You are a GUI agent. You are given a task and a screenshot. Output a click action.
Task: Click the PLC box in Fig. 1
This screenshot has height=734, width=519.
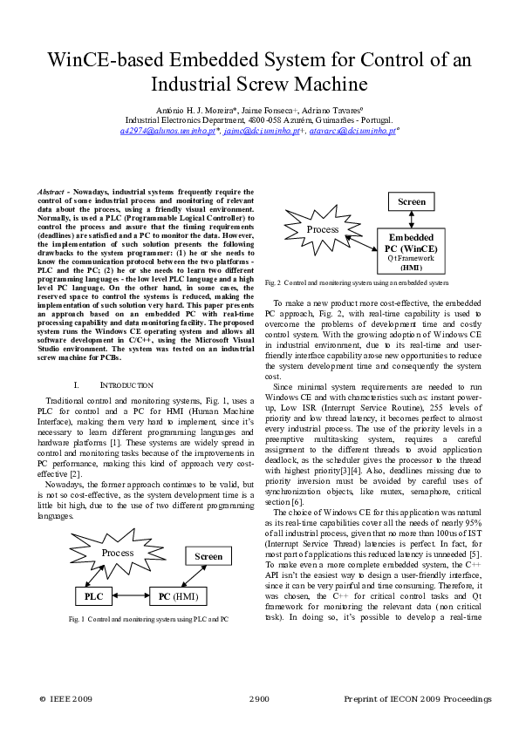click(x=93, y=596)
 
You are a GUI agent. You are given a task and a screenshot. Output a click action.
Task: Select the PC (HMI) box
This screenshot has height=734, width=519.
click(x=178, y=596)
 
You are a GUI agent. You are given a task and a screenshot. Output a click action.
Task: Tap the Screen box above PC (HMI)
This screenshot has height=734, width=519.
click(x=208, y=555)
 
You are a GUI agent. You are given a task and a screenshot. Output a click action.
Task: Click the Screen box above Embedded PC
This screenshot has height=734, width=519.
click(x=412, y=201)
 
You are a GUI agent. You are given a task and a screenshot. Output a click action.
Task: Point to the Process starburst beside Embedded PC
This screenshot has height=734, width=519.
click(x=323, y=230)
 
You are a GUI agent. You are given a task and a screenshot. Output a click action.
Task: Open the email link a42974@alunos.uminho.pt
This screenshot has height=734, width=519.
click(x=168, y=131)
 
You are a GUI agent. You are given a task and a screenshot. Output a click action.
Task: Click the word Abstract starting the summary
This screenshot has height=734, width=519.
click(x=54, y=192)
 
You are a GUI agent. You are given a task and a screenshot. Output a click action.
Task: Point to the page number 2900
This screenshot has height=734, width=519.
click(x=259, y=699)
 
